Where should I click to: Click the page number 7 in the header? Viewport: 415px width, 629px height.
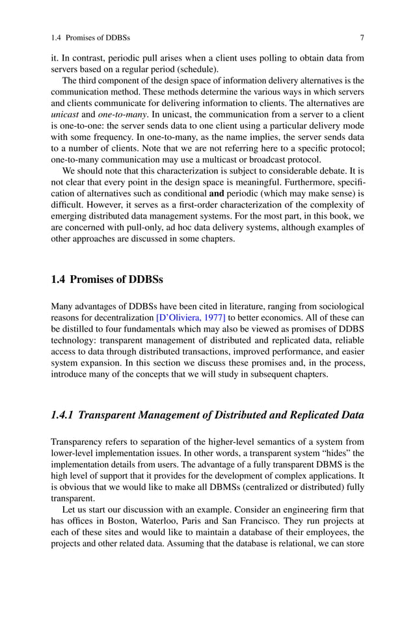pyautogui.click(x=362, y=38)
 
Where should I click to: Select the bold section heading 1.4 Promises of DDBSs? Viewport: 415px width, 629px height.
pyautogui.click(x=107, y=280)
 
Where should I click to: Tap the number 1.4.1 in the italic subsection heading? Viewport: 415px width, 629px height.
pyautogui.click(x=62, y=414)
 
